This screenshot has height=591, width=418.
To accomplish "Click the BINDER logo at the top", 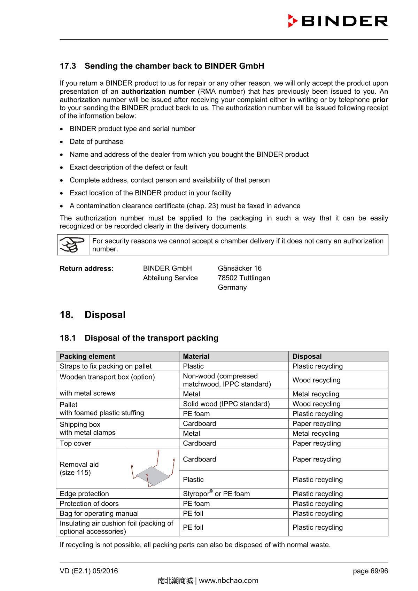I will coord(338,21).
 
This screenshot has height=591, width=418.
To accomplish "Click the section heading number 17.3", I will coord(68,66).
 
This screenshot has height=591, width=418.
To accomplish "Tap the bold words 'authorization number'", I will coord(158,92).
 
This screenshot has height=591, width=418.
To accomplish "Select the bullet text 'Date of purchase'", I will coord(96,142).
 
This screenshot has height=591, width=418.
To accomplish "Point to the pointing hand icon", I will coord(73,244).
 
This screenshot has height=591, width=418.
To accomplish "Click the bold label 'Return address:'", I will coord(87,269).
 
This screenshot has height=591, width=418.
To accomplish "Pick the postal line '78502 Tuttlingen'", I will coord(244,278).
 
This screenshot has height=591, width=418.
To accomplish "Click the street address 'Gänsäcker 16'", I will coord(240,269).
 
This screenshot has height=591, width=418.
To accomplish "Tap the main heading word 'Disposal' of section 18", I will coord(105,315).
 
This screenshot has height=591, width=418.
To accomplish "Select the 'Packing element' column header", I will coord(87,356).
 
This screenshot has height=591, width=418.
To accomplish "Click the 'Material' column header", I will coord(196,356).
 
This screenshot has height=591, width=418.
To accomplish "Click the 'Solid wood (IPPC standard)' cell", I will coord(226,404).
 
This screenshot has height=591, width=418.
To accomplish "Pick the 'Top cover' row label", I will coord(75,443).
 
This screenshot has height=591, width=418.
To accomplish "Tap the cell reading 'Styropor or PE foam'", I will coord(216,494).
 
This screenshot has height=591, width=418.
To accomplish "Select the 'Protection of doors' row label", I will coord(89,504).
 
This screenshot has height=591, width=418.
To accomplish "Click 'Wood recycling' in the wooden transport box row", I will coord(316,380).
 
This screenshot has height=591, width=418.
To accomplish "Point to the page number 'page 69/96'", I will coord(370,571).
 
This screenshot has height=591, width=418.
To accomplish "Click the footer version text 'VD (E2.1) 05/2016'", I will coord(89,571).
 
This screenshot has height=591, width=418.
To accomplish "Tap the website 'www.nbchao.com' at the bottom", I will coord(229,581).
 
